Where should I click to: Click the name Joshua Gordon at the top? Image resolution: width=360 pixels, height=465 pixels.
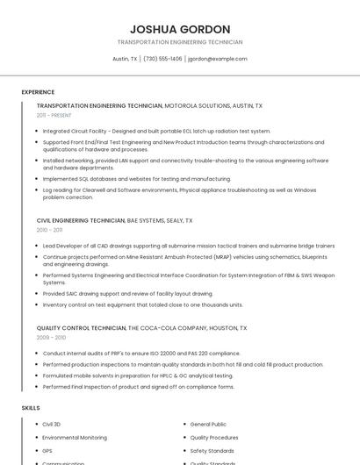180,29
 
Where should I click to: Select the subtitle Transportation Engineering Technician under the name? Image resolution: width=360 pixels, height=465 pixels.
180,42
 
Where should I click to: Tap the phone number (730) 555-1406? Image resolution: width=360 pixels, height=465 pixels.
162,59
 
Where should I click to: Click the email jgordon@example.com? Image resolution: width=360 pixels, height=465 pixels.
218,59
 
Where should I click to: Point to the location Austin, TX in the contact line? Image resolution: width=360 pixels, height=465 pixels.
125,59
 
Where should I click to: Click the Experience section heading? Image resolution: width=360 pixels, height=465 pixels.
38,92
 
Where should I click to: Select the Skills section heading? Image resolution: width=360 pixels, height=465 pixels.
31,408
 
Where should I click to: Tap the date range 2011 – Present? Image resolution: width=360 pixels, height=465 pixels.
54,115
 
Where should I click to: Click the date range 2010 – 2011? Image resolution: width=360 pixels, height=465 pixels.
49,230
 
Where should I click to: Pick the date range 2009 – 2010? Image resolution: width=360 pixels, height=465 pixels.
51,337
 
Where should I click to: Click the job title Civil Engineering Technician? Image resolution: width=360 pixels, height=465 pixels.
81,221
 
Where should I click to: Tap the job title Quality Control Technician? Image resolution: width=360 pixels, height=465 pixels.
82,328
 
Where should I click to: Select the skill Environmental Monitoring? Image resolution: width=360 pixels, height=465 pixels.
75,437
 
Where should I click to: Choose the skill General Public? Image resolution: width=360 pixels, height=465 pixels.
208,424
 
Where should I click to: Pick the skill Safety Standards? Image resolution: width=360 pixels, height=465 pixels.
212,450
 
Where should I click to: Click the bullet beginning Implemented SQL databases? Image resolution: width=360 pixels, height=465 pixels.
136,178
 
